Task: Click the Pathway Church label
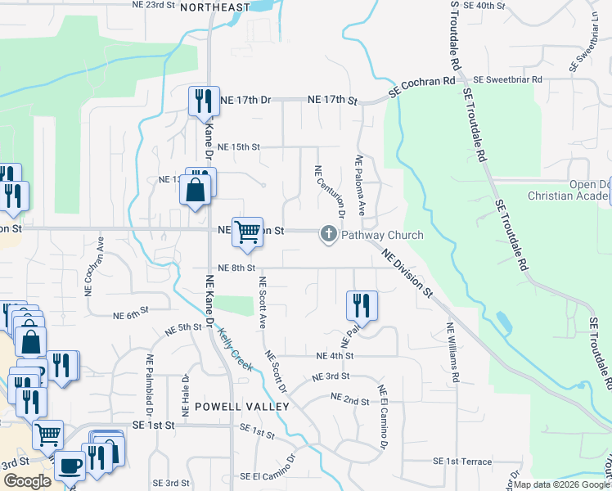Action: [x=382, y=235]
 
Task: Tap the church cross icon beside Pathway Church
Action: [x=329, y=235]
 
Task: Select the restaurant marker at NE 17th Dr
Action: [x=203, y=101]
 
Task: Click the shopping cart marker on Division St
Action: [x=247, y=232]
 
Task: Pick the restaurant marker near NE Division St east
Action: [x=362, y=305]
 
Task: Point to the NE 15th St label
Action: [x=232, y=147]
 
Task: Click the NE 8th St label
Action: [x=237, y=268]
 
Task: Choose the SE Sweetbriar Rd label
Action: [x=508, y=79]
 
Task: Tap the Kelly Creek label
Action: [x=236, y=347]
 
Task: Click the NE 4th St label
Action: [x=335, y=356]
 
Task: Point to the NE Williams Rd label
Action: [x=452, y=353]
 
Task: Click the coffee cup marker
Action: [x=70, y=465]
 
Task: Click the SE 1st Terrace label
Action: [x=469, y=462]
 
